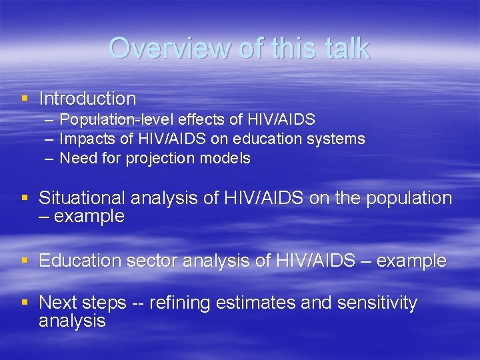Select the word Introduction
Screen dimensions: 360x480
[87, 99]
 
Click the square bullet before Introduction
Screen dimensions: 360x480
[25, 99]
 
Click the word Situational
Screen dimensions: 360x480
[82, 198]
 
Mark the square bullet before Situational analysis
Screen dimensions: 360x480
[25, 198]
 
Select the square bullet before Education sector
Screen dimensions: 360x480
[25, 261]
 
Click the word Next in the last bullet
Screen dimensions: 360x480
[56, 303]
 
